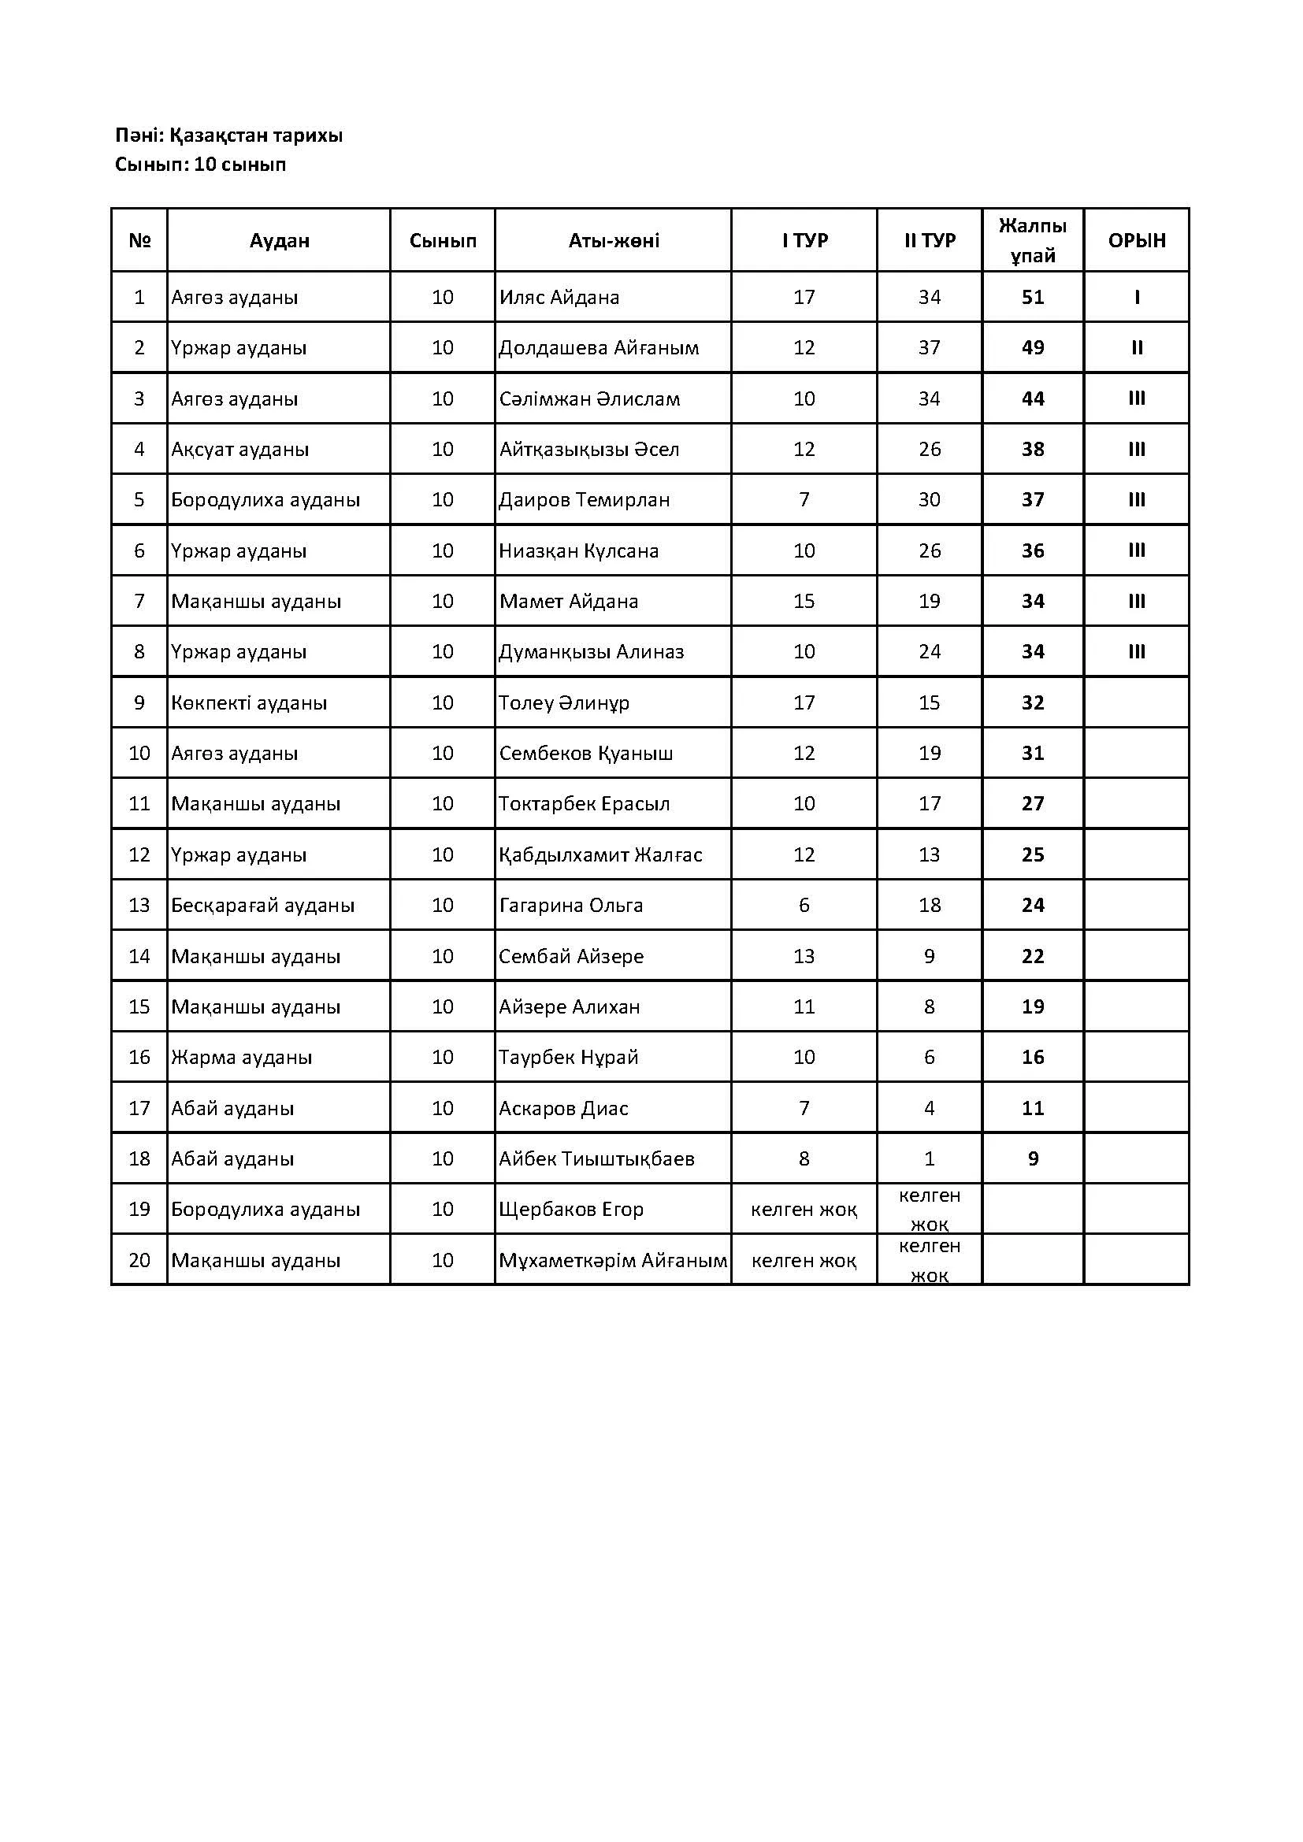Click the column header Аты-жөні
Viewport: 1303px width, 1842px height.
(x=614, y=241)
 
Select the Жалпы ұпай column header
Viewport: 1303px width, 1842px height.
(x=1033, y=241)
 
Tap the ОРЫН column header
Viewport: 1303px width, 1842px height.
(x=1136, y=241)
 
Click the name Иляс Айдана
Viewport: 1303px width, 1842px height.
(x=559, y=298)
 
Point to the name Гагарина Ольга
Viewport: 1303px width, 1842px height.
(x=570, y=906)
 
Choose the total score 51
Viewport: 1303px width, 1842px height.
(x=1033, y=298)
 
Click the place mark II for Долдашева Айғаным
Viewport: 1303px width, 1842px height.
(x=1136, y=348)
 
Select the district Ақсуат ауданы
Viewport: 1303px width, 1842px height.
(x=239, y=449)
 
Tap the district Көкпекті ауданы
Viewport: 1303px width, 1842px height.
(x=249, y=703)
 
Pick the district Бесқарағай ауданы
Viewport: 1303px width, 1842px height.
(x=262, y=906)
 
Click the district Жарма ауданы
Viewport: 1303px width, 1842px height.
(x=241, y=1058)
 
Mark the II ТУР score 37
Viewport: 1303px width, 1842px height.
(x=929, y=348)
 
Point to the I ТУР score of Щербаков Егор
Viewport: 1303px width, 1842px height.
(x=804, y=1210)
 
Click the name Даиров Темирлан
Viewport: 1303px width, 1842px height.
(x=584, y=500)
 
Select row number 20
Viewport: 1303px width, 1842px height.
(x=139, y=1260)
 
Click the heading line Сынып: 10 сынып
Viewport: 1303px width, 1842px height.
(x=201, y=165)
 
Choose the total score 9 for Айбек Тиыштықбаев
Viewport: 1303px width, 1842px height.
(x=1033, y=1159)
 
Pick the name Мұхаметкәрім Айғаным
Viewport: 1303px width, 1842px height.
(x=613, y=1260)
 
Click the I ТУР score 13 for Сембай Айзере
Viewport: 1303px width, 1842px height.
(x=804, y=956)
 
